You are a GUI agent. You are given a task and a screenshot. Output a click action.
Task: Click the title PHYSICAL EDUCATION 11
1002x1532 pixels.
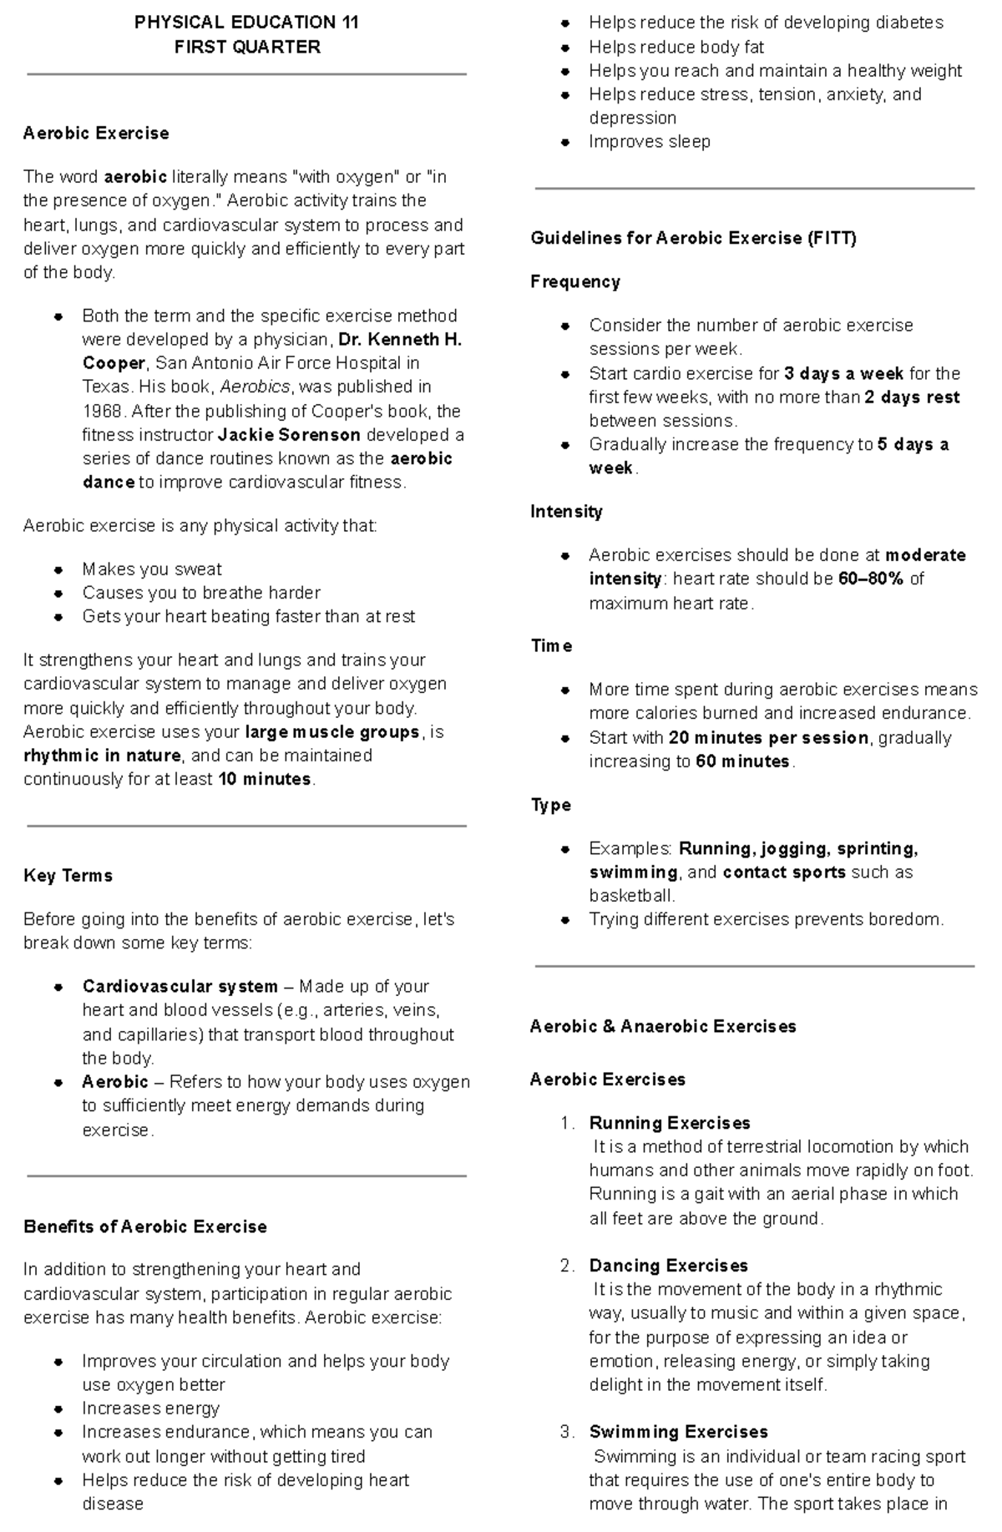[x=246, y=23]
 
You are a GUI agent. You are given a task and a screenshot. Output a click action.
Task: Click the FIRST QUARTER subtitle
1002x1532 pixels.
[x=246, y=48]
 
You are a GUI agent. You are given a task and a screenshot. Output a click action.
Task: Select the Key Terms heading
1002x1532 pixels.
[x=68, y=876]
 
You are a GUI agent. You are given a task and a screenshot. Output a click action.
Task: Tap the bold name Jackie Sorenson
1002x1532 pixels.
[x=289, y=435]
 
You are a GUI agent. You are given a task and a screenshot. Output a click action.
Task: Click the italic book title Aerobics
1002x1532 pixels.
[x=255, y=387]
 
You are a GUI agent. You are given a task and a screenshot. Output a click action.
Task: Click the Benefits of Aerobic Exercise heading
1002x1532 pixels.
[x=145, y=1226]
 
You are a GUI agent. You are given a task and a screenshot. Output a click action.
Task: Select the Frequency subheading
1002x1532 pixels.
[x=574, y=282]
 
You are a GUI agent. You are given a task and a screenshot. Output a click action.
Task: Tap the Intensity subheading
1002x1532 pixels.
[x=566, y=512]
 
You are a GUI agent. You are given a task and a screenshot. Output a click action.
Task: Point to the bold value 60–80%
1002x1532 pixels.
[x=871, y=579]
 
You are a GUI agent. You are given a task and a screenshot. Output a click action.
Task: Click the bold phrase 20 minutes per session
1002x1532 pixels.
[x=768, y=738]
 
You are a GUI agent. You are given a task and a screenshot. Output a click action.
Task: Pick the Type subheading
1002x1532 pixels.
[x=550, y=806]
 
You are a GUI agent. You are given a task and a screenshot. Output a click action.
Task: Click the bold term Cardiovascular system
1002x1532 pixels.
[x=180, y=987]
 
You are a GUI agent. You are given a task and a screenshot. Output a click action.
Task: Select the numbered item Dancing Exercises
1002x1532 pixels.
[x=668, y=1266]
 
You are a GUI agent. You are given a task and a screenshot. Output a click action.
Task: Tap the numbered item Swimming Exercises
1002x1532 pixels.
[x=678, y=1432]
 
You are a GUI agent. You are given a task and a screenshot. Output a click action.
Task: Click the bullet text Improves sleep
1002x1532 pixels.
[x=649, y=142]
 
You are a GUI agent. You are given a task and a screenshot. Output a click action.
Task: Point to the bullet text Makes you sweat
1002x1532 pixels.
[x=151, y=569]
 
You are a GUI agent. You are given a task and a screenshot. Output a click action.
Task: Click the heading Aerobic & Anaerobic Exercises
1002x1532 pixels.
[x=663, y=1027]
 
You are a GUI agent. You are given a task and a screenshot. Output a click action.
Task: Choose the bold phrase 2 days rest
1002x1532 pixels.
[x=912, y=397]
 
